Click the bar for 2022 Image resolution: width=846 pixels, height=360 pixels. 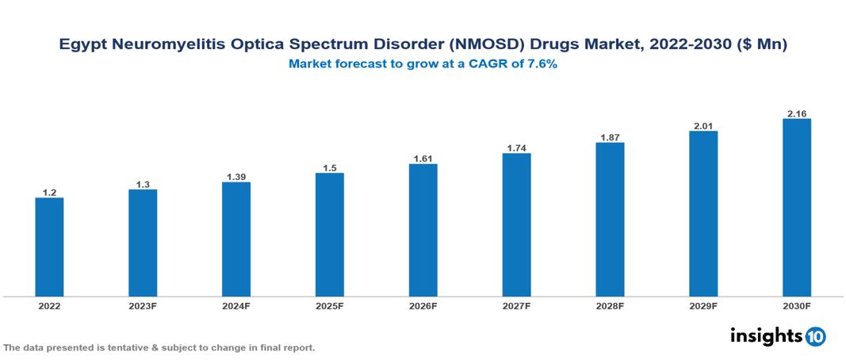tap(49, 247)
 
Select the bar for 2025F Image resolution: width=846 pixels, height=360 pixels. tap(330, 235)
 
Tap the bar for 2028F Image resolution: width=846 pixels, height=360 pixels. tap(610, 220)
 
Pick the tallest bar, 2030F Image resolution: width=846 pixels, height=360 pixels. tap(797, 208)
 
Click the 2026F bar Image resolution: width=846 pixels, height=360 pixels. tap(423, 230)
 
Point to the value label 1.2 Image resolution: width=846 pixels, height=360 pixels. tap(49, 192)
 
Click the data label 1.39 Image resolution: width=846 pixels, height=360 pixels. tap(236, 176)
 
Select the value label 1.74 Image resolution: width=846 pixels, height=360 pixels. tap(517, 147)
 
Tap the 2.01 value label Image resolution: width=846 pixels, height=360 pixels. tap(703, 124)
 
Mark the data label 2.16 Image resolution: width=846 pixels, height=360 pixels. tap(797, 113)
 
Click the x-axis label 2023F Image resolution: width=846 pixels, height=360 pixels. tap(143, 305)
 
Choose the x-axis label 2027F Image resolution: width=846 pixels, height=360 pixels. tap(517, 305)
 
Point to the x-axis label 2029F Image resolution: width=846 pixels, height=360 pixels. tap(703, 305)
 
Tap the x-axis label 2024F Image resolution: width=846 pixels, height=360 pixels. tap(236, 305)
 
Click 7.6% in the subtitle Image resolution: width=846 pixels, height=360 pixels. tap(541, 64)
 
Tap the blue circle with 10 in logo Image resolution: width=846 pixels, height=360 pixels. tap(815, 336)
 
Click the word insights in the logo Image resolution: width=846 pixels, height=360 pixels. tap(766, 335)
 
